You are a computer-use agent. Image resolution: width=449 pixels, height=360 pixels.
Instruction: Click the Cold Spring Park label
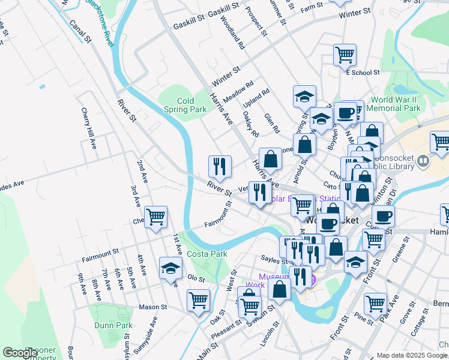coord(185,105)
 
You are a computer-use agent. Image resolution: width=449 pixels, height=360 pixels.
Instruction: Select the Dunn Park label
coord(113,325)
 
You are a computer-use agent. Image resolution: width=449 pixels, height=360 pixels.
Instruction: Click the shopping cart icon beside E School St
coord(345,54)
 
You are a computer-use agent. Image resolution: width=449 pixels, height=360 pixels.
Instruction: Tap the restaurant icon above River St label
coord(220,166)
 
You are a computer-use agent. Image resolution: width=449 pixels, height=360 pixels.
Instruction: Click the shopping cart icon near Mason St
coord(198,299)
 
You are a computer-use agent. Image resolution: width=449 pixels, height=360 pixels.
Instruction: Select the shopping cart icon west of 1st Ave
coord(155,217)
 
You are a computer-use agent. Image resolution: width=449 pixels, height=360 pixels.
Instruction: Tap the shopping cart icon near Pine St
coord(375,303)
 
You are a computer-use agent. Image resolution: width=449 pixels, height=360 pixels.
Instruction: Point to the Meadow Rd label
coord(238,92)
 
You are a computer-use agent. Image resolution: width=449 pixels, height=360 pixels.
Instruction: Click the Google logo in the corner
coord(20,353)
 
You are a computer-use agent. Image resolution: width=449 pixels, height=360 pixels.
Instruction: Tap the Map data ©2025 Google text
coord(412,355)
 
